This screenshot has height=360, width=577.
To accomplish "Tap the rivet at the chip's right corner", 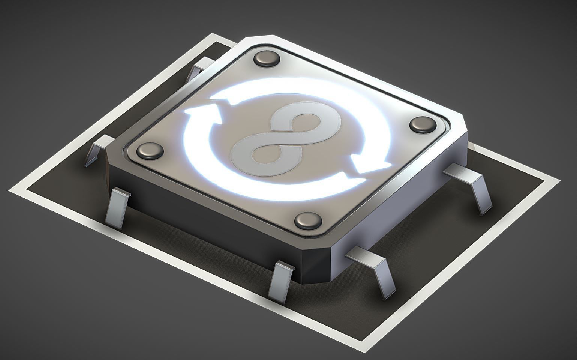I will (x=423, y=124).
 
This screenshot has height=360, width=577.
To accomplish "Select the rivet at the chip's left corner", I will (x=150, y=151).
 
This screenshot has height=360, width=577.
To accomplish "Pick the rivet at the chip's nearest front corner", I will (x=308, y=220).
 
